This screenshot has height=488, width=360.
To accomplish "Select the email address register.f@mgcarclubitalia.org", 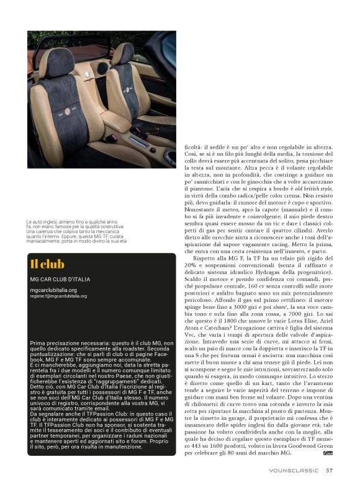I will tap(58, 296).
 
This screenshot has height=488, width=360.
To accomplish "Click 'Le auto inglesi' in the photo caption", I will tap(42, 221).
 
